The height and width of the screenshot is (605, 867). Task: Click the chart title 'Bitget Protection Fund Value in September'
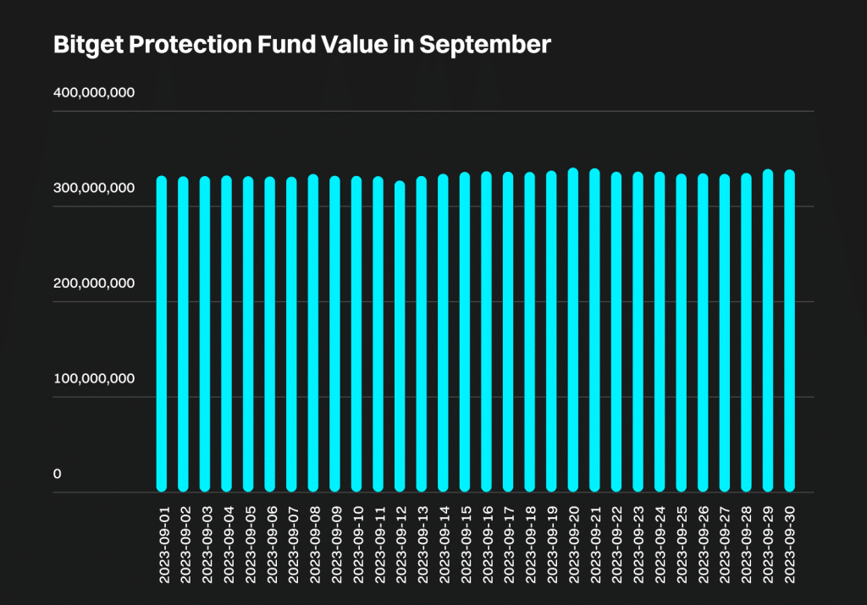tap(302, 45)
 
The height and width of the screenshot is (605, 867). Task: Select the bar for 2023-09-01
tap(162, 334)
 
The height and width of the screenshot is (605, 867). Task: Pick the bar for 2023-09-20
tap(573, 330)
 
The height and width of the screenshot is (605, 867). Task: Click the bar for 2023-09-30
tap(790, 331)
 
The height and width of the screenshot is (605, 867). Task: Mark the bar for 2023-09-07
tap(291, 334)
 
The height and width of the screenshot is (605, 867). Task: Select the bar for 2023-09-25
tap(682, 333)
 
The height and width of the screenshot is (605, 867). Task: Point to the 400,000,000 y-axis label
tap(94, 93)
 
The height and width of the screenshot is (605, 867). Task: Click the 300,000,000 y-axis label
tap(94, 188)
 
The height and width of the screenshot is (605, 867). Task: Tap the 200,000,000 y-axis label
tap(94, 283)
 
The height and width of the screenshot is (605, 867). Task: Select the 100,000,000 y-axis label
tap(94, 378)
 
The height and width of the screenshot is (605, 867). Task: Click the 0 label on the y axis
tap(58, 474)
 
